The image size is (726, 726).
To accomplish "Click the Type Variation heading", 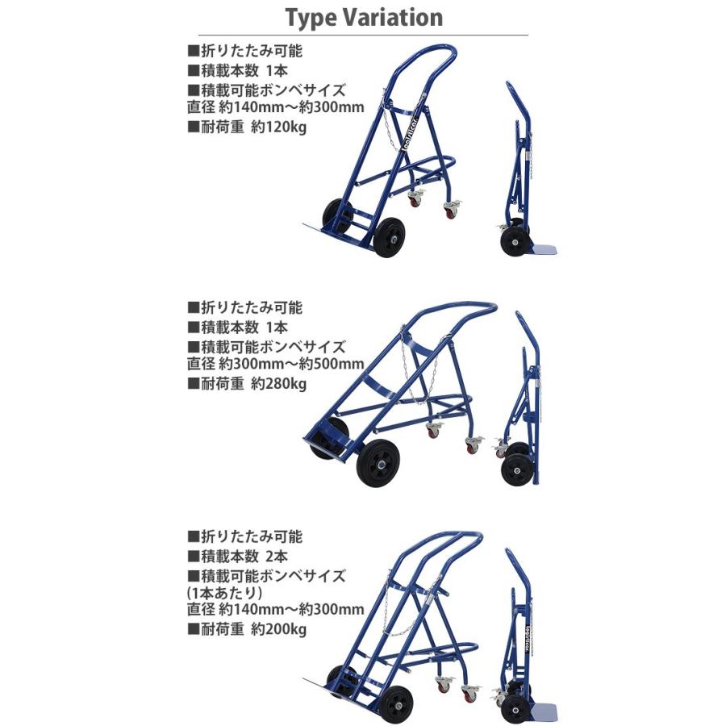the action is click(364, 18).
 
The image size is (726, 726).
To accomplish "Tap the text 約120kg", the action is click(279, 127).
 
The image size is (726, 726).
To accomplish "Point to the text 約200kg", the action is click(279, 629).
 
